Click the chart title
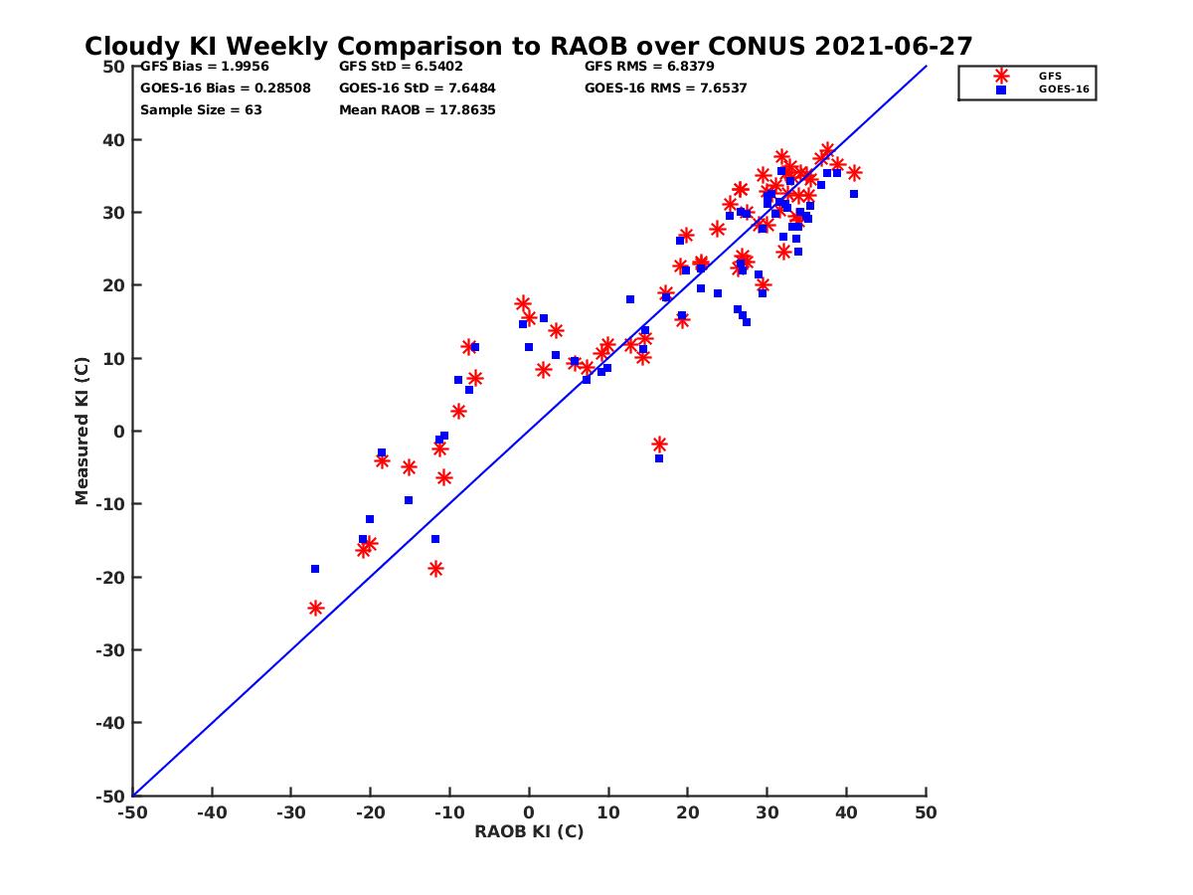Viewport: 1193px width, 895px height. click(x=528, y=47)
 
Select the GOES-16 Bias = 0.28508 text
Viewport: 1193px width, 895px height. click(x=225, y=89)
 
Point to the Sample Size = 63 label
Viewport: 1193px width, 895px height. click(x=201, y=109)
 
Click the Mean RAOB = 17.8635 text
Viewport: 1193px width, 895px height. click(x=417, y=109)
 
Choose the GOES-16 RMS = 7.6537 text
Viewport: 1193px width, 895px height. click(x=665, y=89)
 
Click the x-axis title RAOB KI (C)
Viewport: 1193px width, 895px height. click(x=528, y=831)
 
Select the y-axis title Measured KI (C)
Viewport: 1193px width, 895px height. click(x=82, y=431)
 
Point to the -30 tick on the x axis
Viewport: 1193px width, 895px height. click(x=290, y=812)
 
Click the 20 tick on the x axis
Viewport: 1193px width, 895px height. click(x=687, y=812)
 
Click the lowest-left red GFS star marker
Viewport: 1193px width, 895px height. click(x=316, y=608)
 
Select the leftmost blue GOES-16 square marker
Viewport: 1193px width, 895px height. click(x=315, y=569)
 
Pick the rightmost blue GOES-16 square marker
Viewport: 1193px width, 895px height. click(x=854, y=194)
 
